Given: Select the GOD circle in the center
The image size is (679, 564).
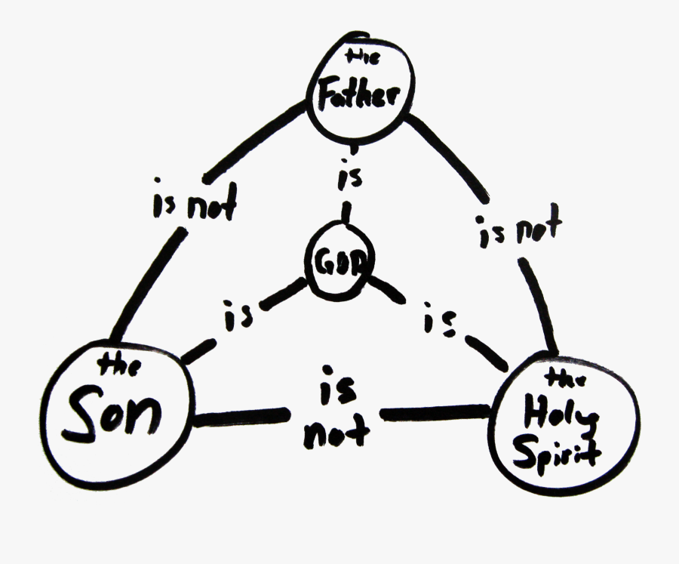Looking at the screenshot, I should (x=339, y=261).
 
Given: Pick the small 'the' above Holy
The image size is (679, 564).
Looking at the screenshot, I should (x=561, y=378).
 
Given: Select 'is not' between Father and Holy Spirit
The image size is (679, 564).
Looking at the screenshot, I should (x=520, y=228).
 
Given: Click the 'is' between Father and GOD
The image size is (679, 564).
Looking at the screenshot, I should (x=346, y=178).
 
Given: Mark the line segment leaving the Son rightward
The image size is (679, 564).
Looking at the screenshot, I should (x=241, y=416).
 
